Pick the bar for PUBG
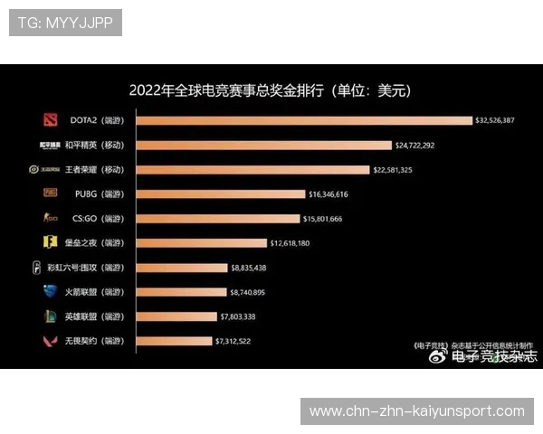coord(231,193)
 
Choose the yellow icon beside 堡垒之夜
coord(50,242)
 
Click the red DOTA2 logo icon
coord(50,120)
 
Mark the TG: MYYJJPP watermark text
coord(65,23)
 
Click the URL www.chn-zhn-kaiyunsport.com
coord(417,411)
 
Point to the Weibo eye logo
coord(439,356)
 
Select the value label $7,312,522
coord(233,341)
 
